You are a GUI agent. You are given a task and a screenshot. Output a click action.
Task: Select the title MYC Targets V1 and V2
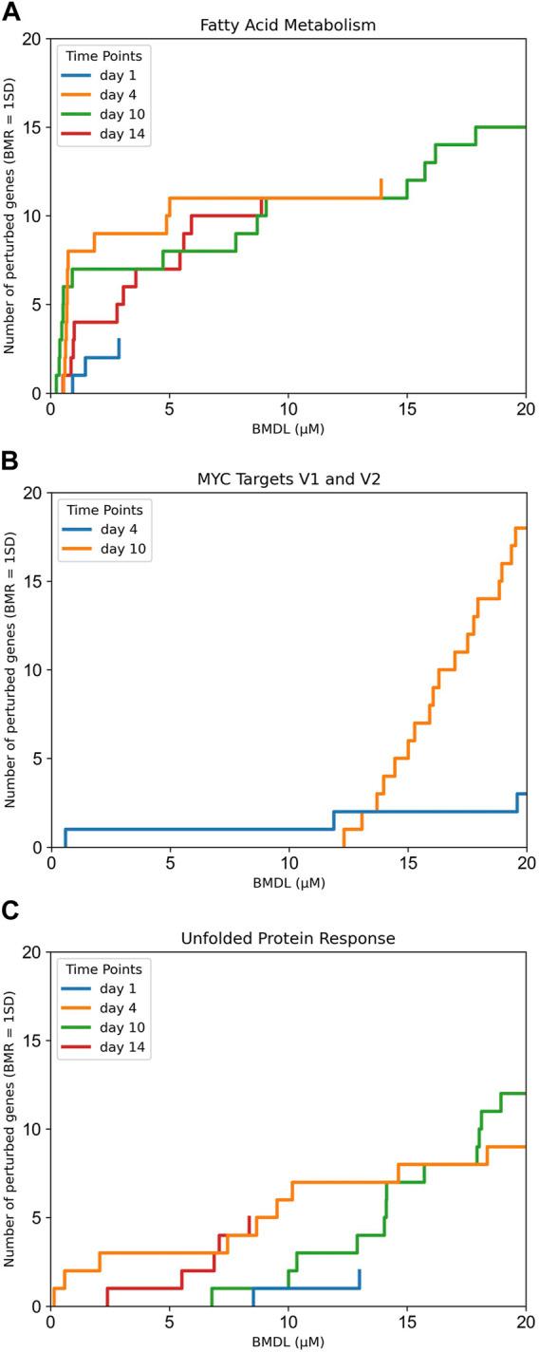tap(288, 479)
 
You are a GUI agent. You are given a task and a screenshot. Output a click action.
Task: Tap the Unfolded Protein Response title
tap(288, 938)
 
